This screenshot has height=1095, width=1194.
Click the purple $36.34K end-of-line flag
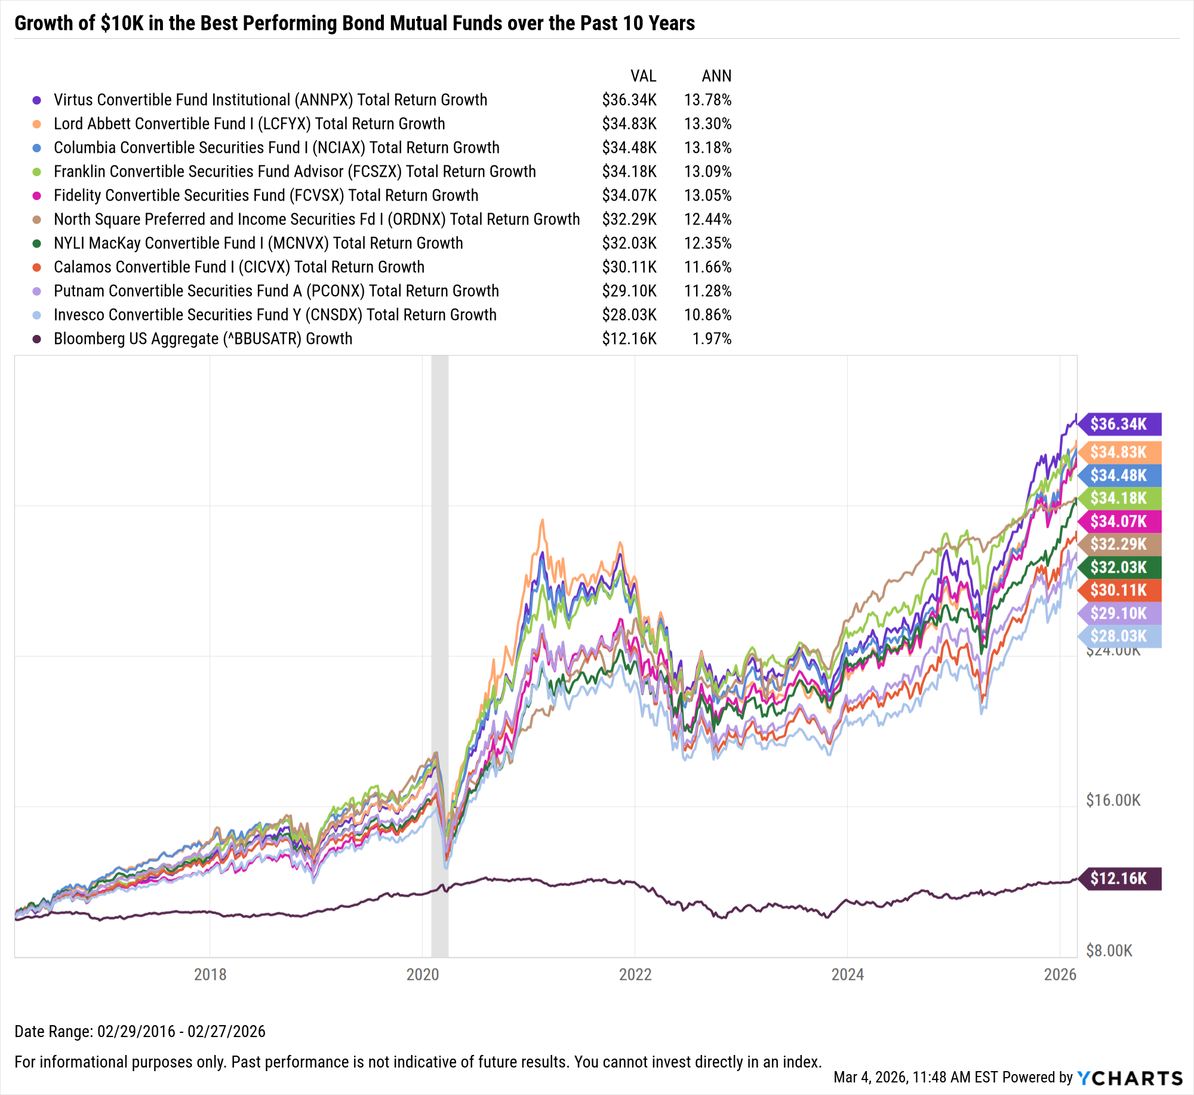1118,424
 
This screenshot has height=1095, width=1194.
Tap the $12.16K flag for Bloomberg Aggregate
1118,878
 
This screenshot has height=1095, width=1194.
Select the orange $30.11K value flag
1118,590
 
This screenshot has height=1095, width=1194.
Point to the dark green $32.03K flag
1118,567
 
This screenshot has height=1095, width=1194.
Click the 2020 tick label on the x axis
422,974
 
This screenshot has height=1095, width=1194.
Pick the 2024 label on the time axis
847,974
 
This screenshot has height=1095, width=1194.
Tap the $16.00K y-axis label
1113,800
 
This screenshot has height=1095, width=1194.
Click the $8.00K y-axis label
1109,951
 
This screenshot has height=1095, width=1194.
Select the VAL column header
643,76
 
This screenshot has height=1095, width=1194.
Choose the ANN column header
716,76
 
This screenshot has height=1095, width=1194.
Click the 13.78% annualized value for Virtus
707,100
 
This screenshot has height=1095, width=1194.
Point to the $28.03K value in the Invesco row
629,315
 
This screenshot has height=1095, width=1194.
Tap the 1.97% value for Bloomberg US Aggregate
712,339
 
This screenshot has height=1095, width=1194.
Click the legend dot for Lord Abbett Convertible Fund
37,124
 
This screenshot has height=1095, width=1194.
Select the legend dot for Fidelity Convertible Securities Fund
37,196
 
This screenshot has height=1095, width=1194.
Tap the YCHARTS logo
1130,1078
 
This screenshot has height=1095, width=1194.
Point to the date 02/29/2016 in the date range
136,1031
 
